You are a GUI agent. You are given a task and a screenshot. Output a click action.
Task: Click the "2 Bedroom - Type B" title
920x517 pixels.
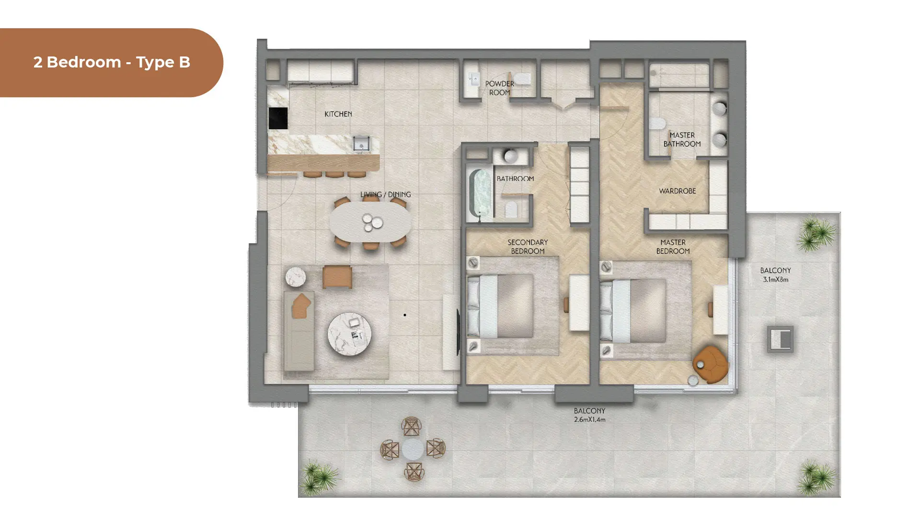(112, 62)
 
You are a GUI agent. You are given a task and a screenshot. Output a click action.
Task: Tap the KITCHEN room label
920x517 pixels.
(338, 114)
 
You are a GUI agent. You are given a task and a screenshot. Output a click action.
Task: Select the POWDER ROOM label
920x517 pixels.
(500, 88)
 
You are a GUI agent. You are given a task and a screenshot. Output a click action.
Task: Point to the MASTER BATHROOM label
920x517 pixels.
(682, 139)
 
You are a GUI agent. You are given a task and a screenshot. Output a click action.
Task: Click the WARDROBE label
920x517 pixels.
(677, 191)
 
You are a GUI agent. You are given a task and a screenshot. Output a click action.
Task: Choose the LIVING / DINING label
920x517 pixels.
(386, 194)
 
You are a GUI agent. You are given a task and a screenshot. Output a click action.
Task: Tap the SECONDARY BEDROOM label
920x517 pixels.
(528, 247)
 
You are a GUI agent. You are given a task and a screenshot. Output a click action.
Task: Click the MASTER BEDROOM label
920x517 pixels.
(673, 247)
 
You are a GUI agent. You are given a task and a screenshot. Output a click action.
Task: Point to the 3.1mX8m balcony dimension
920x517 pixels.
(775, 280)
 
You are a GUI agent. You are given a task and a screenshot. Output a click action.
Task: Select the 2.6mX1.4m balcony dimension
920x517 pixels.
(589, 419)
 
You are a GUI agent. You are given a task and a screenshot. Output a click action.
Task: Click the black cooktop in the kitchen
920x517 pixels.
(278, 118)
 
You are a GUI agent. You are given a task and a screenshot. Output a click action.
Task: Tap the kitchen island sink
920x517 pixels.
(361, 143)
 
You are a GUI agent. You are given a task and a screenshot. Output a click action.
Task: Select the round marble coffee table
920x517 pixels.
(349, 334)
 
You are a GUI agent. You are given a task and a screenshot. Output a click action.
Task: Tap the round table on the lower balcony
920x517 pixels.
(413, 450)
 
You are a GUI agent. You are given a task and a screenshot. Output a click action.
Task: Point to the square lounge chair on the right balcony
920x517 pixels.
(780, 339)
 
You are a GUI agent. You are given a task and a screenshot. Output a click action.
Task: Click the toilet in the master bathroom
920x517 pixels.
(658, 124)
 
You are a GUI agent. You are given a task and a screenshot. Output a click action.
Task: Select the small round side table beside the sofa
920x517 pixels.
(296, 277)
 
